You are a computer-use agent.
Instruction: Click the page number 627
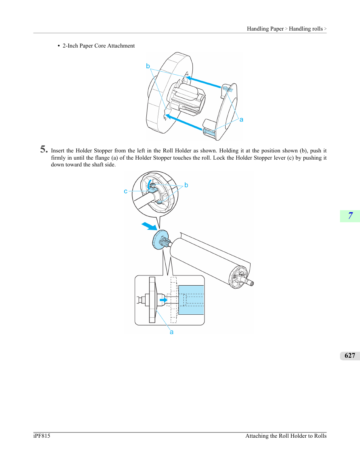coord(350,355)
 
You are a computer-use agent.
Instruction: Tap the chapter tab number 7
coord(350,216)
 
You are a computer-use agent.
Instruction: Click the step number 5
coord(44,149)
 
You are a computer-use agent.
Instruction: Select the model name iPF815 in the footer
coord(42,436)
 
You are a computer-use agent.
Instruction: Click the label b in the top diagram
coord(148,66)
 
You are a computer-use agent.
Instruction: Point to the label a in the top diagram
coord(241,120)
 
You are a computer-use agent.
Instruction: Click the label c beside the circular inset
coord(126,191)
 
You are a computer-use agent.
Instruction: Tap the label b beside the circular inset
coord(186,185)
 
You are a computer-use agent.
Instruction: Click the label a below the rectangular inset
coord(172,332)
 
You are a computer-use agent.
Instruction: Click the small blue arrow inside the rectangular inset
coord(164,300)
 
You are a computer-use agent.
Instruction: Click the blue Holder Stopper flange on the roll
coord(160,240)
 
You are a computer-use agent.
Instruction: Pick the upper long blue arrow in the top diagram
coord(203,82)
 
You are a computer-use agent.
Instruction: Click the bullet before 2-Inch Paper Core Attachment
coord(59,46)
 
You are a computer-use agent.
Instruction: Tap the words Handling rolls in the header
coord(306,29)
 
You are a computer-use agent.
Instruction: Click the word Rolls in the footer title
coord(320,436)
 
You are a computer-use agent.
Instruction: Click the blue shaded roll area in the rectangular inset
coord(191,300)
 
